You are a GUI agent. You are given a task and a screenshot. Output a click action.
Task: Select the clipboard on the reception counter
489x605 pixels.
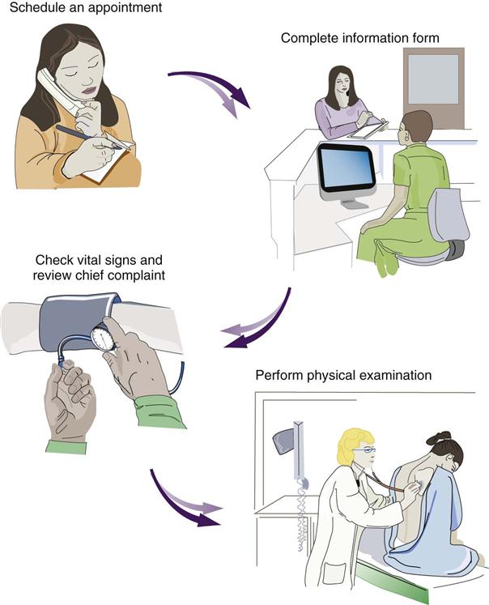coord(368,129)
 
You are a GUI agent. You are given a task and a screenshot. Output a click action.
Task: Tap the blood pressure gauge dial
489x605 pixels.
coord(104,338)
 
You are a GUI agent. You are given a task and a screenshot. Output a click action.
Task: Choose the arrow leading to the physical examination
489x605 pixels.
coord(187,502)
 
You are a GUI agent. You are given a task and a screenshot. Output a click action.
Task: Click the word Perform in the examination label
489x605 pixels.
coord(279,376)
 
